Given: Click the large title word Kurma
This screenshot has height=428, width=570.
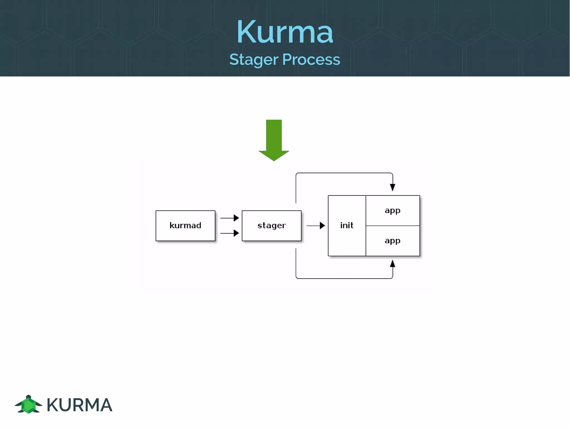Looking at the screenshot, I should pyautogui.click(x=285, y=32).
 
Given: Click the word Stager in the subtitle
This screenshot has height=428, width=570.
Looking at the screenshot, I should pyautogui.click(x=254, y=60).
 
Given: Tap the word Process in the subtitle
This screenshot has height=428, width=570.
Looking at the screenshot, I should pyautogui.click(x=311, y=59).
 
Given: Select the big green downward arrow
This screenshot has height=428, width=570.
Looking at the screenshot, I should pyautogui.click(x=274, y=140).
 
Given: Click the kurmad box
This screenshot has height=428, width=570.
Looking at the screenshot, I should pyautogui.click(x=185, y=226).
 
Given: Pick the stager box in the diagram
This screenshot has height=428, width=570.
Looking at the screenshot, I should pyautogui.click(x=271, y=226).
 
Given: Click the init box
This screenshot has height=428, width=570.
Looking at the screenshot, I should pyautogui.click(x=347, y=226).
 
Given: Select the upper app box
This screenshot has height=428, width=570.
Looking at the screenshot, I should pyautogui.click(x=392, y=211).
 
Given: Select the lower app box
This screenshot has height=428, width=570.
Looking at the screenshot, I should pyautogui.click(x=392, y=241).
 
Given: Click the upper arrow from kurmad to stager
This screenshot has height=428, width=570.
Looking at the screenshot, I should pyautogui.click(x=229, y=218).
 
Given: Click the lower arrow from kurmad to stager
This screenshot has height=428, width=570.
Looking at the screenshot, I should pyautogui.click(x=229, y=233).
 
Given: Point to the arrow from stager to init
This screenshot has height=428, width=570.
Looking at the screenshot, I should pyautogui.click(x=316, y=226).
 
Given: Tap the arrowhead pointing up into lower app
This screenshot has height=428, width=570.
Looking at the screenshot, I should pyautogui.click(x=392, y=264).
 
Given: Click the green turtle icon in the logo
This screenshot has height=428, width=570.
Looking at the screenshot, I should pyautogui.click(x=28, y=405).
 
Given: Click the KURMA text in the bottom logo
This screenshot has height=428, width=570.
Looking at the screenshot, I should pyautogui.click(x=79, y=405).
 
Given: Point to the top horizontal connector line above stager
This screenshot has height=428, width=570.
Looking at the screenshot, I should pyautogui.click(x=344, y=173).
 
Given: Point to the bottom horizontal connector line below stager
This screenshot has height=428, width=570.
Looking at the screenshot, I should pyautogui.click(x=344, y=278).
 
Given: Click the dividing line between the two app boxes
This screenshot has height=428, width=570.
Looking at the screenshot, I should pyautogui.click(x=392, y=226).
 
